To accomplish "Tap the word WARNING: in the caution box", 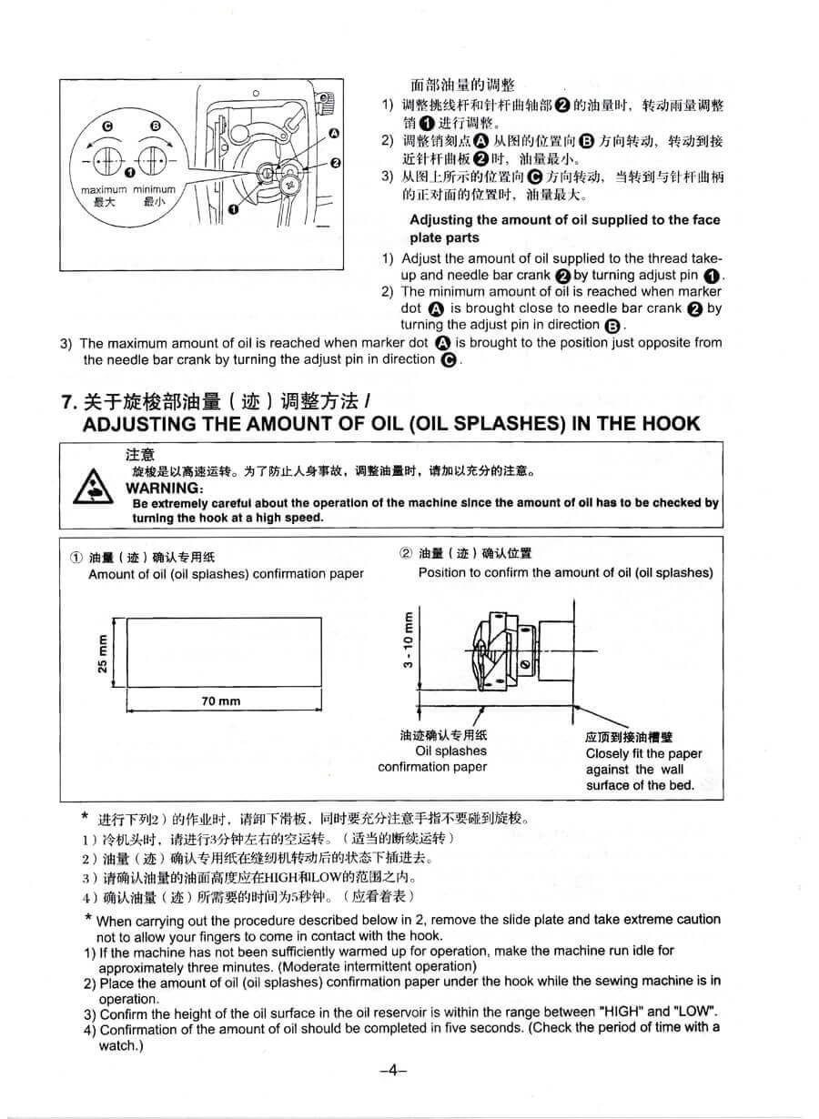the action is coord(165,488).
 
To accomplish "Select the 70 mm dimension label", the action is coord(221,701).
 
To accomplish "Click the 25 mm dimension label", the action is coord(103,653).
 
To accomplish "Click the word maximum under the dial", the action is coord(104,190).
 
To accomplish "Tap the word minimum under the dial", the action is coord(155,190).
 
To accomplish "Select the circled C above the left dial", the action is coord(107,126).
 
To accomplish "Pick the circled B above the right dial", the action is coord(156,126).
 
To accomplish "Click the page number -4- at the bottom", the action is coord(393,1070).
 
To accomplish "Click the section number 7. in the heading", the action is coord(69,401).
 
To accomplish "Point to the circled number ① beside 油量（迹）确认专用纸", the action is coord(76,558).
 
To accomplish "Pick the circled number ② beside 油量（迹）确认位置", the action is coord(406,553).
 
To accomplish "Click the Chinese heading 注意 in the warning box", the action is coord(140,455).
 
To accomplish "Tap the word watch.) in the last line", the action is coord(121,1045).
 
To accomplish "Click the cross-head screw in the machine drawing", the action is coord(289,185).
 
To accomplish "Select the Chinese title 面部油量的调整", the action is coord(462,86).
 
